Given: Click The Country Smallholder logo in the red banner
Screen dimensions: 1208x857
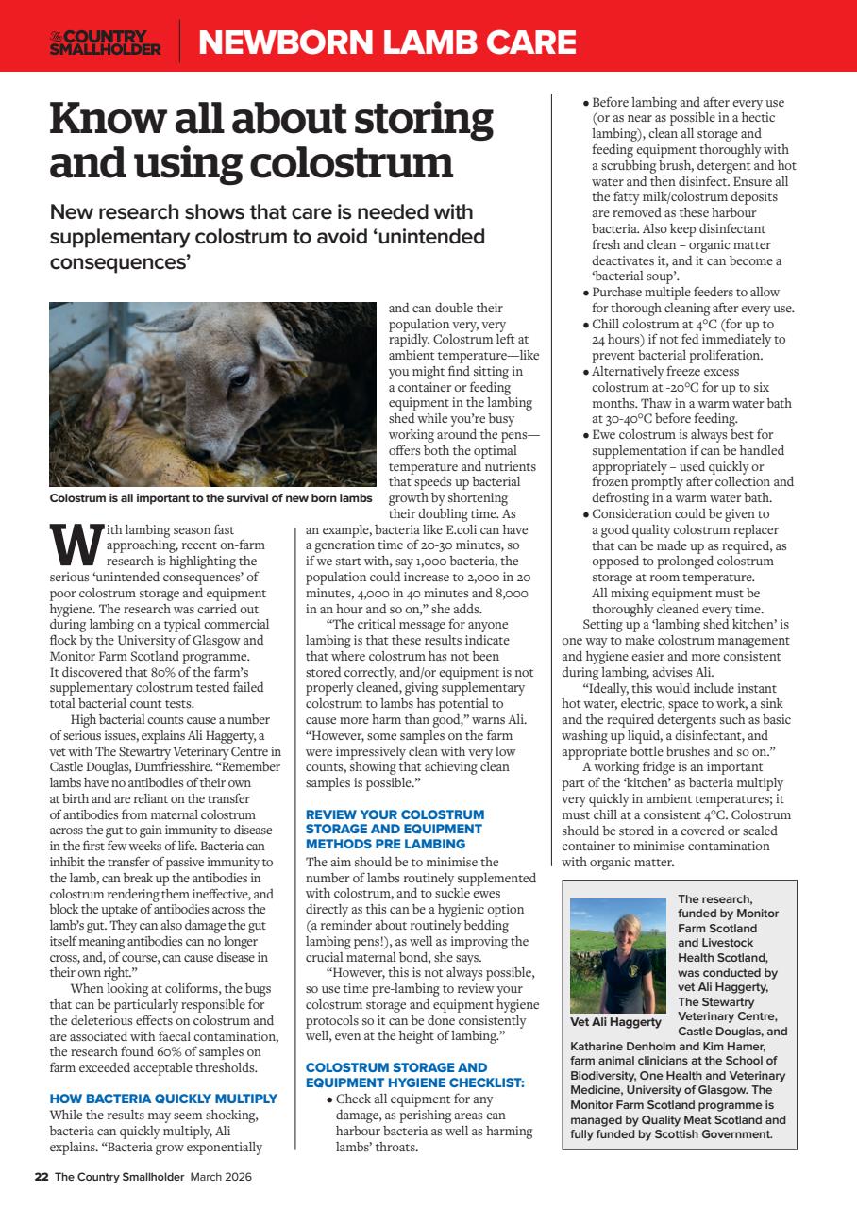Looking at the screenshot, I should pyautogui.click(x=106, y=42).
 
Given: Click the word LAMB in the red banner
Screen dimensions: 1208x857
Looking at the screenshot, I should pyautogui.click(x=418, y=42).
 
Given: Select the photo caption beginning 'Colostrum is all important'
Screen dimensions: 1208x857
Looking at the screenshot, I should pyautogui.click(x=210, y=498).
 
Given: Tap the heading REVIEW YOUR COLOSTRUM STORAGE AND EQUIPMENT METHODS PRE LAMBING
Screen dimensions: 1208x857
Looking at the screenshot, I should pyautogui.click(x=395, y=828).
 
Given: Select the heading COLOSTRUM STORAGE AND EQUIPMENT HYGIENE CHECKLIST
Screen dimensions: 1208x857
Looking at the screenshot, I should pyautogui.click(x=415, y=1074).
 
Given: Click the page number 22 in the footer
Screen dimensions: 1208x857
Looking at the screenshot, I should pyautogui.click(x=42, y=1177).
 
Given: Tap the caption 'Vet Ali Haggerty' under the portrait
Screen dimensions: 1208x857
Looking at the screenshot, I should pyautogui.click(x=615, y=1021).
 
